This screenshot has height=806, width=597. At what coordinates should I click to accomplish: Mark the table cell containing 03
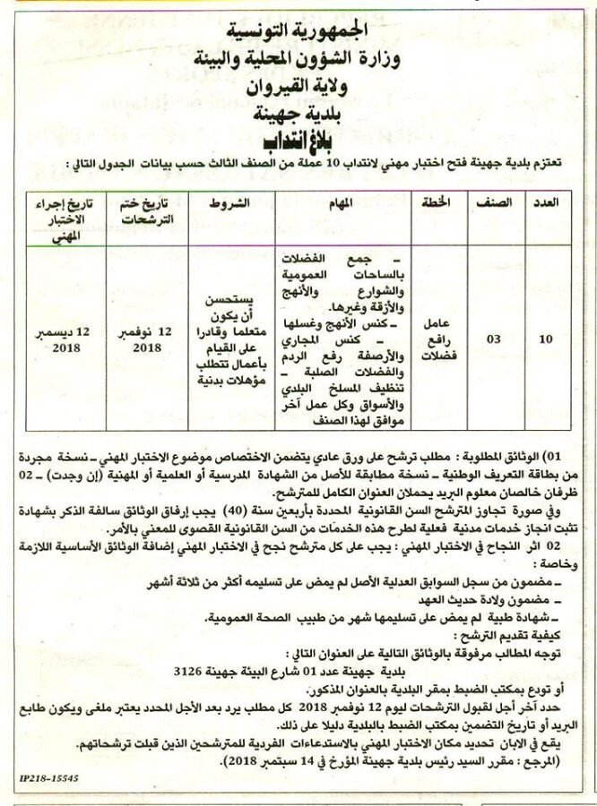tap(494, 341)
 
